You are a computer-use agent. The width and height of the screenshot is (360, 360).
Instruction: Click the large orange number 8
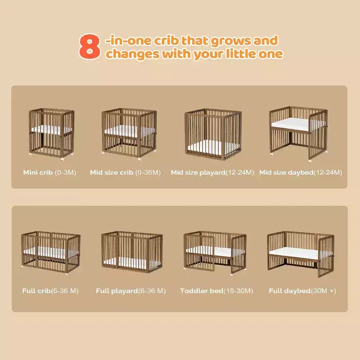pos(90,47)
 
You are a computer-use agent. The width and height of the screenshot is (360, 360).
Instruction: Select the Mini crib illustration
pos(52,134)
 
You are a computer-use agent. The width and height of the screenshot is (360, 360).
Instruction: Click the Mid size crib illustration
pos(129,134)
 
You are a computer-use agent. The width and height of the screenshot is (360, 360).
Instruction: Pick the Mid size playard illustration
pos(213,134)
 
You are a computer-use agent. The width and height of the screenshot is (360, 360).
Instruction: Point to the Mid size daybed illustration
pos(298,134)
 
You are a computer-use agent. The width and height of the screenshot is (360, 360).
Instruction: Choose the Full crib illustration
pos(51,253)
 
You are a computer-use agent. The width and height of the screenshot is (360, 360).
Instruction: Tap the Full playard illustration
pos(132,252)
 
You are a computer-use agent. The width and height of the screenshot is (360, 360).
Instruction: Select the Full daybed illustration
pos(301,254)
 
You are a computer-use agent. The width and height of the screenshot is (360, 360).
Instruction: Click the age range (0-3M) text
pos(65,172)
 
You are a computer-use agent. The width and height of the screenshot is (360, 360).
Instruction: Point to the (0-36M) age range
pos(148,172)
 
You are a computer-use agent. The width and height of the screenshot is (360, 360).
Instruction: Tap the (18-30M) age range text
pos(238,291)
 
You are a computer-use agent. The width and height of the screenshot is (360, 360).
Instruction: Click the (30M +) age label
pos(324,291)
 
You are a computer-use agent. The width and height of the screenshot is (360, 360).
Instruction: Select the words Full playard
pos(117,291)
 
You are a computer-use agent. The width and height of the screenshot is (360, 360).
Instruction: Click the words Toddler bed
pos(202,291)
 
